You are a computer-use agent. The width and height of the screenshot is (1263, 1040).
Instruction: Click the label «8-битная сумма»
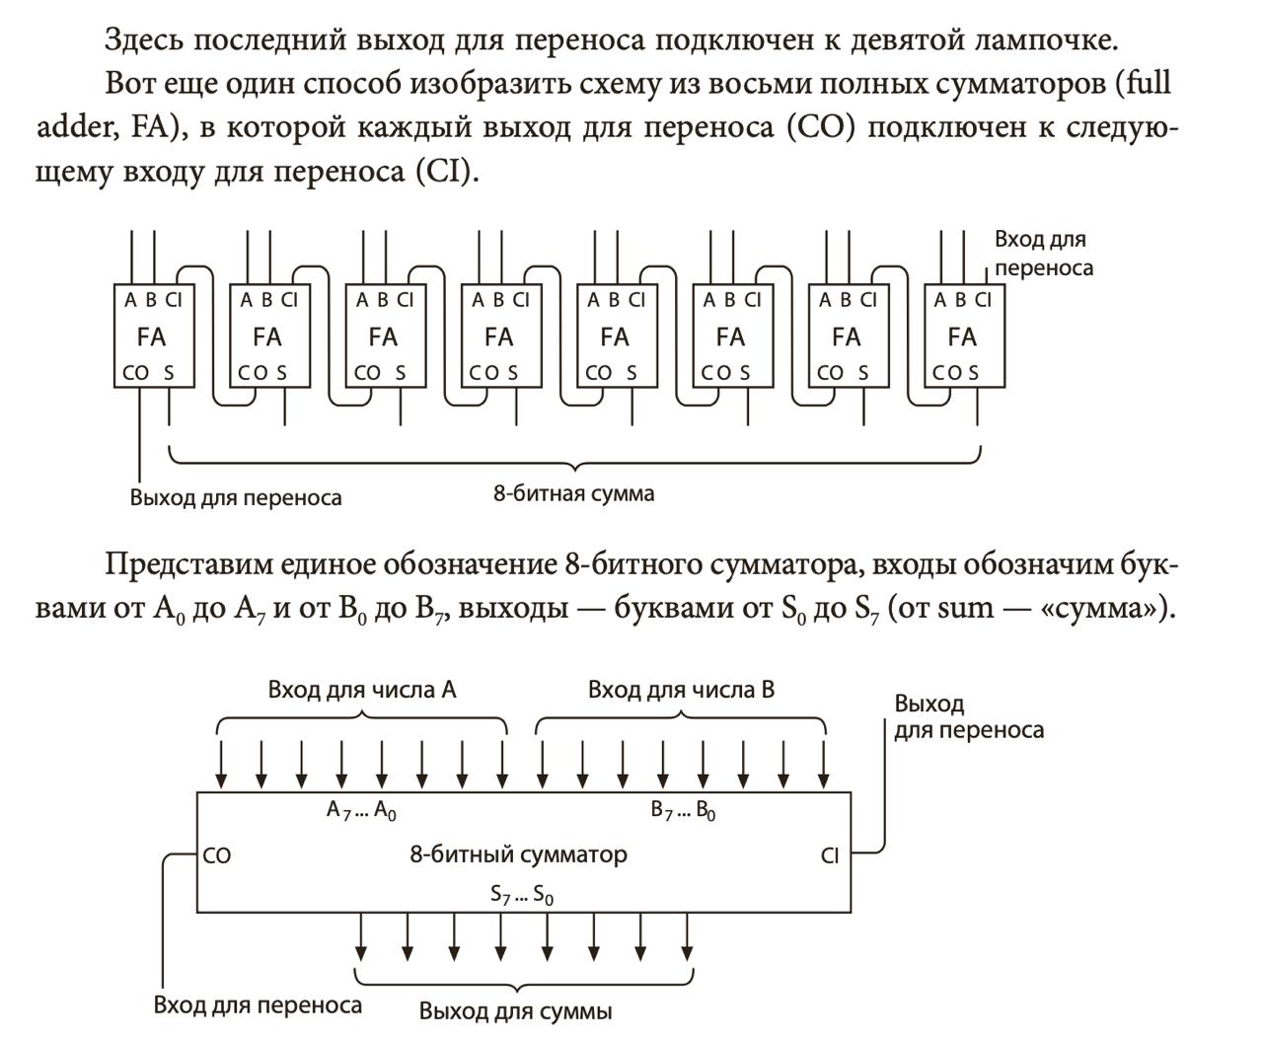(573, 493)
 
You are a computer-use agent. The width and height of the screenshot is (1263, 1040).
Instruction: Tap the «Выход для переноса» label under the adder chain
(236, 497)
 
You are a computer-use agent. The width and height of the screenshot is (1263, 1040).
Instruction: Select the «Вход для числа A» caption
(361, 690)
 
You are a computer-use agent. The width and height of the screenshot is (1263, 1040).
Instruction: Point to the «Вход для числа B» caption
(681, 690)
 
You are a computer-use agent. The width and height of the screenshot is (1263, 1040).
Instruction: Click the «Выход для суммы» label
(515, 1011)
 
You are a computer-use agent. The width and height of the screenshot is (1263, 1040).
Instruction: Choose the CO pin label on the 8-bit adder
(217, 855)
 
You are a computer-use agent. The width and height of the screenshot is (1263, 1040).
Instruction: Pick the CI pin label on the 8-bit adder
(830, 855)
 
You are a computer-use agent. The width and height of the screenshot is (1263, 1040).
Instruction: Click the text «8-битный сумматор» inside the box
(518, 854)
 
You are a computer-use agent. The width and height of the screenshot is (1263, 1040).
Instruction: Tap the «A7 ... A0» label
(361, 811)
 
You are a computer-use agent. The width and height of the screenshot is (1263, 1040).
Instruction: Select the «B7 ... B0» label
(683, 811)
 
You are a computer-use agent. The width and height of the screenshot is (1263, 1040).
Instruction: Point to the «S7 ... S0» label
(521, 895)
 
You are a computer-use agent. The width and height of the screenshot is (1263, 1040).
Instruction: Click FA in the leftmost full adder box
(151, 337)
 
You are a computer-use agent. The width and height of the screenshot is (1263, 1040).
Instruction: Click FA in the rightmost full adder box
(962, 337)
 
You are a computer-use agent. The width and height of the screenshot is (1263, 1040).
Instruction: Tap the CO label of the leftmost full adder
(135, 373)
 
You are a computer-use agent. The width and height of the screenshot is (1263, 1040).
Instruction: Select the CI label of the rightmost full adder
(983, 300)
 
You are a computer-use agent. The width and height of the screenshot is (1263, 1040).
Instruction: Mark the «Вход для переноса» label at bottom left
(258, 1005)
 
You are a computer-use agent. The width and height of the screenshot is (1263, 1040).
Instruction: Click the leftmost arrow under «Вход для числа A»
(221, 765)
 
